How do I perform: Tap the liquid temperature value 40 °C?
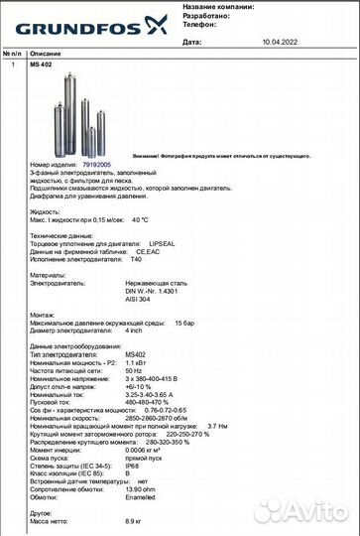click(x=138, y=219)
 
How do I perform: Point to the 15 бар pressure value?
click(x=185, y=323)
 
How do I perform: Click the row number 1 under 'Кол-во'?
click(x=13, y=64)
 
